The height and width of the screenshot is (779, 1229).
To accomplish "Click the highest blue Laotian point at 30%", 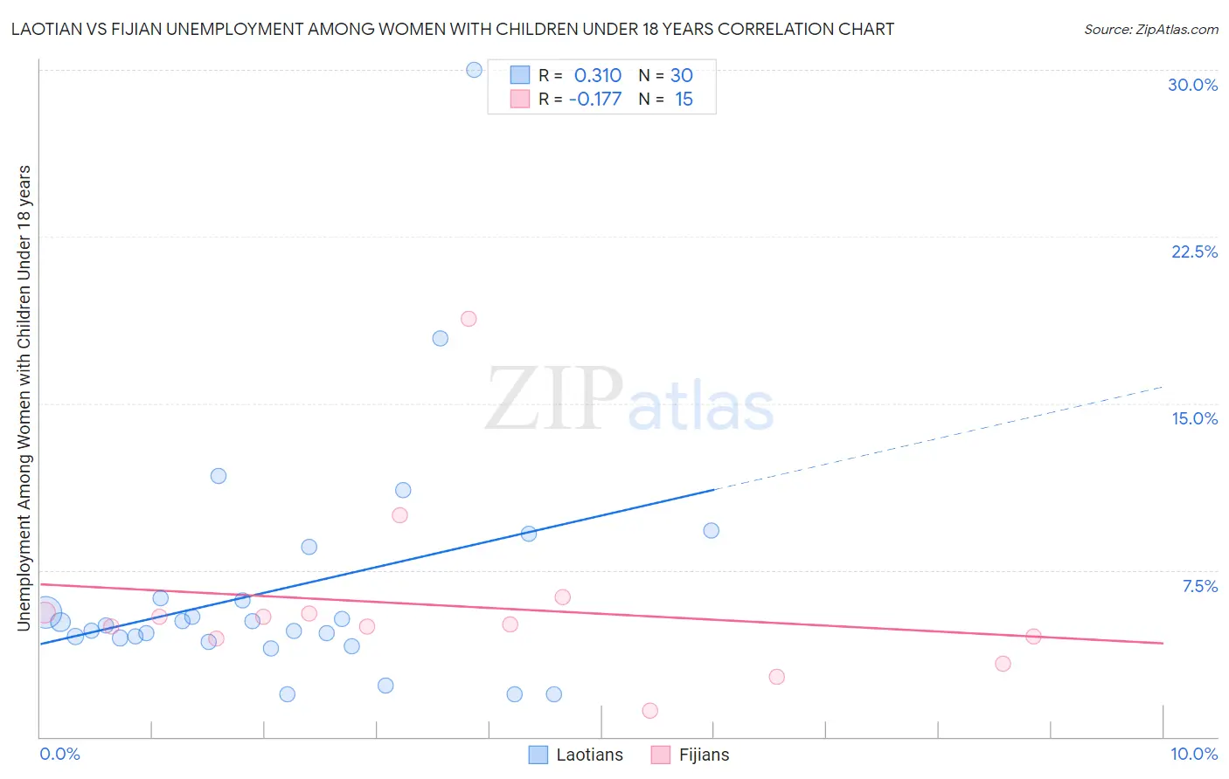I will coord(474,70).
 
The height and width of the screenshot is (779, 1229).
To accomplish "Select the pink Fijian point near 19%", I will coord(469,319).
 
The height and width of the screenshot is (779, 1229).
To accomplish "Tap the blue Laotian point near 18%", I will coord(441,338).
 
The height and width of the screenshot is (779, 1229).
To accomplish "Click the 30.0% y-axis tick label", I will coord(1192,85).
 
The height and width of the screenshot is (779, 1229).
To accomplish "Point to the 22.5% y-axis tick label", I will coord(1194,252).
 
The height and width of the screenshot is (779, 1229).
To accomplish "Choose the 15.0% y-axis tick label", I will coord(1194,418).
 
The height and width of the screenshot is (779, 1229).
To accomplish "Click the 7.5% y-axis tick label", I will coord(1199,586).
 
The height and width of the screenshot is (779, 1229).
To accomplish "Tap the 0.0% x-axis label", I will coord(60,754).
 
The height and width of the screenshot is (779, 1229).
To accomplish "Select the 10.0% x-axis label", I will coord(1193,754).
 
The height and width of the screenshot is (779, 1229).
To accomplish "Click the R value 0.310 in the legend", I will coord(598,76).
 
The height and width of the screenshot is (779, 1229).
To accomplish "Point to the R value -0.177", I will coord(595,100).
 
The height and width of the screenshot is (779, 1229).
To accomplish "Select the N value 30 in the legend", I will coord(682,76).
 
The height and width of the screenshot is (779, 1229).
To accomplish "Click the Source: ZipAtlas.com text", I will coord(1150,30).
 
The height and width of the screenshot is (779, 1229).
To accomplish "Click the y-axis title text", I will coord(24,397).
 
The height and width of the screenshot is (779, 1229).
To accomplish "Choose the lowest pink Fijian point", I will coord(649,711).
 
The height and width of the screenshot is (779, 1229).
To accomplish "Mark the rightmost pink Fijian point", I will coord(1033,636).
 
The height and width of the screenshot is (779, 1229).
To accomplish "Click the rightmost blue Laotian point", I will coord(712,530).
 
